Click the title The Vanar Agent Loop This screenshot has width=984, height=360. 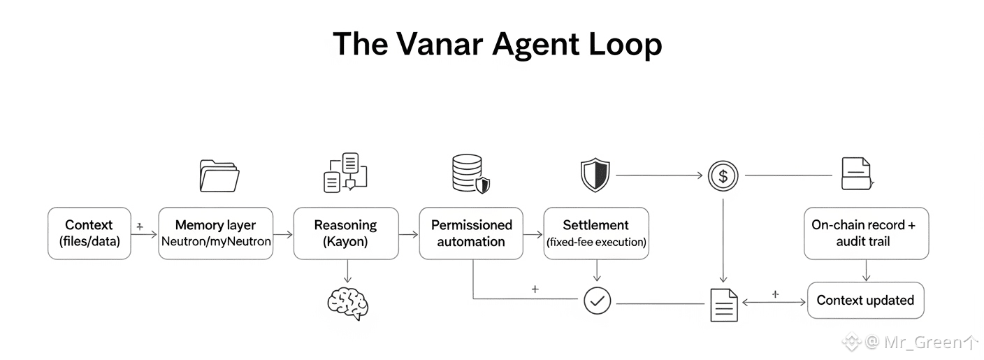pos(497,45)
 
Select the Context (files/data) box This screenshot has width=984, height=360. pos(89,233)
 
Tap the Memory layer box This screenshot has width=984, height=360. pos(215,233)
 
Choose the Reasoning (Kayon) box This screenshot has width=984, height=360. pos(345,233)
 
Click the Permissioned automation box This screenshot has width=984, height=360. pos(471,233)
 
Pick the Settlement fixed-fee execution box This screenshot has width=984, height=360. pos(595,233)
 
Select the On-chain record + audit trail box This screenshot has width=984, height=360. pos(866,233)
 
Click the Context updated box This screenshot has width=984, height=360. pos(865,301)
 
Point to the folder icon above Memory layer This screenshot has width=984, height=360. pos(219,175)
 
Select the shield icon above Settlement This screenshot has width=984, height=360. pos(595,175)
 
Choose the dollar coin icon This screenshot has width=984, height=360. pos(723,176)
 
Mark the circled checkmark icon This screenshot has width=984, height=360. pos(597,301)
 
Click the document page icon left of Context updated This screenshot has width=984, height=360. pos(723,305)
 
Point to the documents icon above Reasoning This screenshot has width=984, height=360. pos(345,173)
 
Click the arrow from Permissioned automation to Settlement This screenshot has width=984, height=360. pos(533,233)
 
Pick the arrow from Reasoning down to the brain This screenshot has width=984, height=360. pos(347,271)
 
